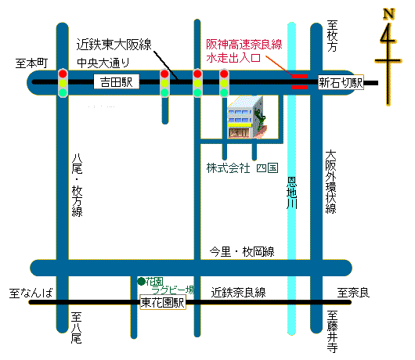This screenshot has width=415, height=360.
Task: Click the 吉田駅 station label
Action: click(x=117, y=81)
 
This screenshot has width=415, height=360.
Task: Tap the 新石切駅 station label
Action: click(x=341, y=82)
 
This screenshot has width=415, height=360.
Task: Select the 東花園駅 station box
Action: click(x=163, y=302)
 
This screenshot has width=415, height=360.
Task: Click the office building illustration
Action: click(x=247, y=117)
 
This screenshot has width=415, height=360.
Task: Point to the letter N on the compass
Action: click(x=389, y=14)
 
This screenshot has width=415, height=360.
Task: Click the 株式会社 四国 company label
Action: click(x=242, y=168)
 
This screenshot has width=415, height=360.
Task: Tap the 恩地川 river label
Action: click(x=291, y=193)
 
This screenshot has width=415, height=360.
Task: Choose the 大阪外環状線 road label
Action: click(x=331, y=182)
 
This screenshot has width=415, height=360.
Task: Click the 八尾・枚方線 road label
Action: click(x=77, y=185)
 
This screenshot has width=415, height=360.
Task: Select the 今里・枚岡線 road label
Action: click(x=242, y=252)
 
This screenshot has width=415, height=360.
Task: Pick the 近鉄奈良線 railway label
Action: click(x=238, y=293)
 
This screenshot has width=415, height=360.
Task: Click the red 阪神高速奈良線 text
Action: click(x=244, y=44)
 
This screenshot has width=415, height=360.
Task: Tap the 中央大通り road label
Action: click(x=103, y=63)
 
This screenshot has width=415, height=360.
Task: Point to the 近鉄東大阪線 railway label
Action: click(x=114, y=44)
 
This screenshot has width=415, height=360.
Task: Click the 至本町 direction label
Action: click(x=31, y=63)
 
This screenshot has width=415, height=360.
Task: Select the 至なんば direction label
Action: click(x=31, y=293)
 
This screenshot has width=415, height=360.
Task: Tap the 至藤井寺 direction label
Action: click(x=332, y=331)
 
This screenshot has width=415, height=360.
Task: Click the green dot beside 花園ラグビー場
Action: click(x=141, y=282)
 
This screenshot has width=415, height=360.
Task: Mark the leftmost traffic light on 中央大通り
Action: click(x=63, y=83)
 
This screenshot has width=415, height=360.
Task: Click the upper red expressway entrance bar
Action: click(x=300, y=77)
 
